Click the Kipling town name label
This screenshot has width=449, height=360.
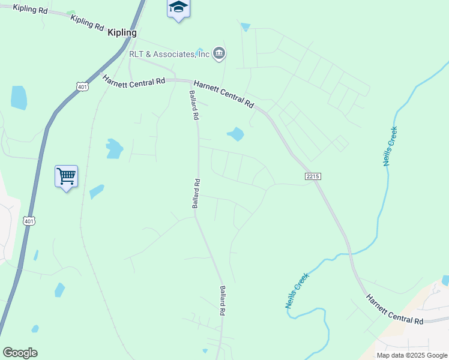click(x=122, y=33)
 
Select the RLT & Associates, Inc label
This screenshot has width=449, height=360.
click(x=169, y=54)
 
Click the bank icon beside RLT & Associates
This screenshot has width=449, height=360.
click(x=219, y=54)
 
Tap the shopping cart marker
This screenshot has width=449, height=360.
click(x=66, y=176)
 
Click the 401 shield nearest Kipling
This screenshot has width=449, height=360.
click(x=82, y=86)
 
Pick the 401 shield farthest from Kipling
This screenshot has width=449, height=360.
click(x=29, y=221)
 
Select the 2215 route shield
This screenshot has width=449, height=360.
click(x=313, y=176)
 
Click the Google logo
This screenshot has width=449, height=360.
click(x=20, y=353)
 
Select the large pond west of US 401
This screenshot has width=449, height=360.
click(x=19, y=97)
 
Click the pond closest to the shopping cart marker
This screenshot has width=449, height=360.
click(x=96, y=191)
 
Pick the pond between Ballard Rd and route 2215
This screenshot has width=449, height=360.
click(x=236, y=134)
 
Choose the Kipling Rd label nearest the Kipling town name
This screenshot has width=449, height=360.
click(x=88, y=23)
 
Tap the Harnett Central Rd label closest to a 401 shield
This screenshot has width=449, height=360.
click(x=134, y=80)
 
